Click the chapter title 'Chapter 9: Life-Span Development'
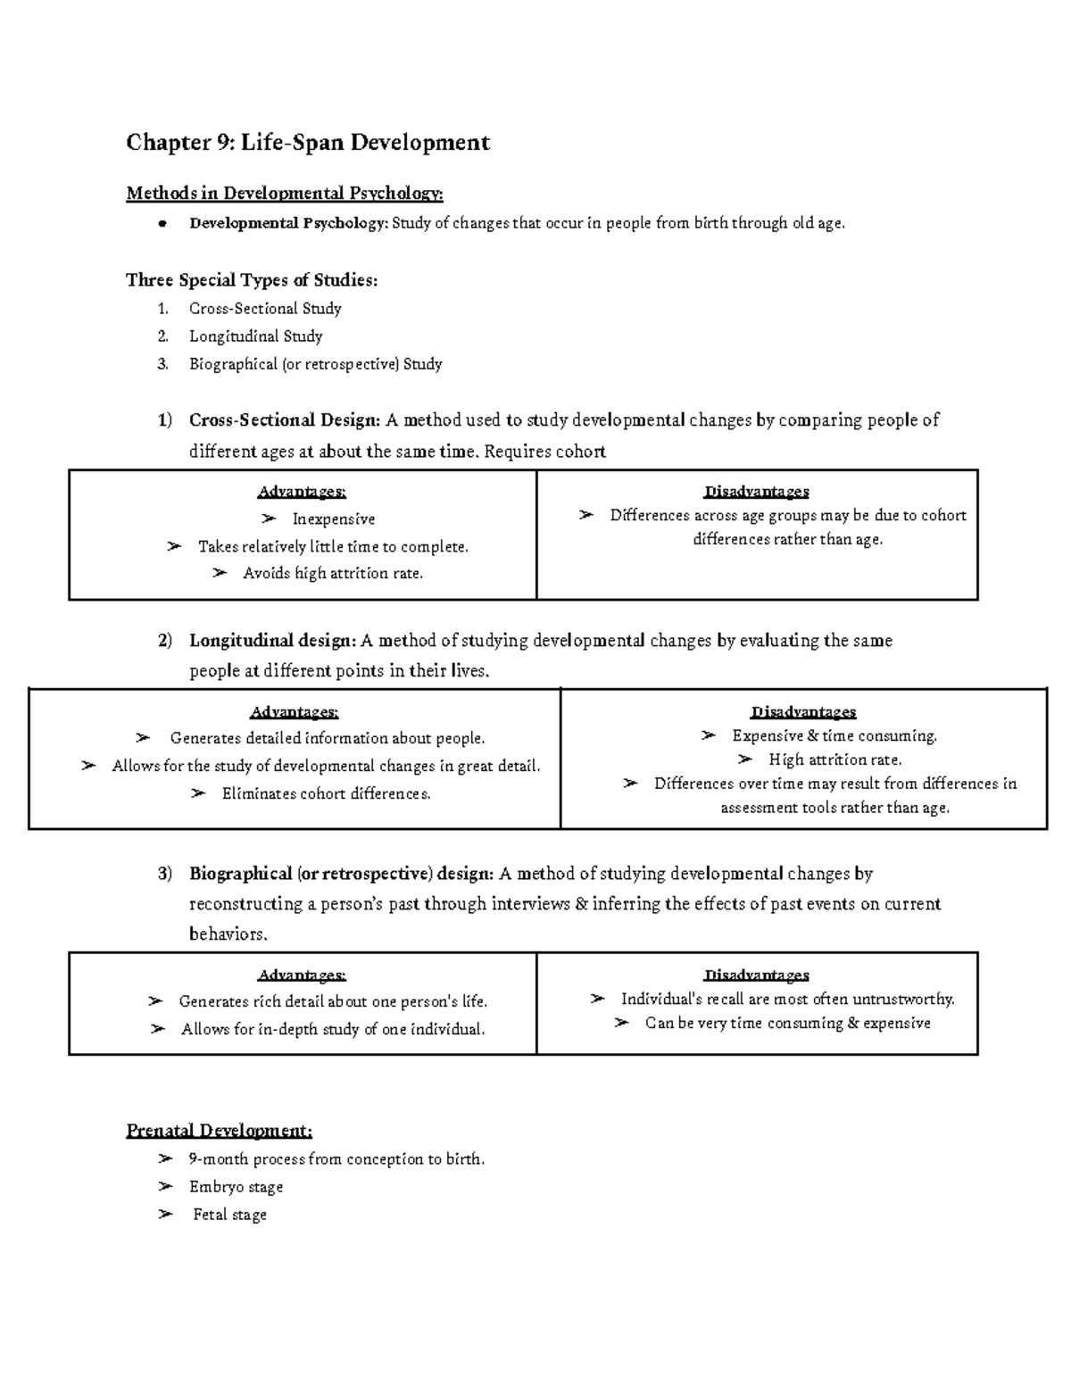pos(308,143)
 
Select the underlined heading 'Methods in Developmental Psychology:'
pos(284,194)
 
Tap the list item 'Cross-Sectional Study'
pos(265,309)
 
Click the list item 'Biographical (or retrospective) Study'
pos(315,364)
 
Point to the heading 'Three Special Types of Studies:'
pos(252,280)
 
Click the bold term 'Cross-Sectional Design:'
pos(285,420)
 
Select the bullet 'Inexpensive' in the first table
pos(333,519)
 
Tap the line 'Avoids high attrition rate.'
pos(332,574)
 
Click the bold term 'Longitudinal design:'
pos(272,641)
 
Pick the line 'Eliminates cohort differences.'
pos(326,794)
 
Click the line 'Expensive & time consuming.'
pos(834,736)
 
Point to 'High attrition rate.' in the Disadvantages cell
pos(834,760)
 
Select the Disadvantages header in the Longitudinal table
pos(803,712)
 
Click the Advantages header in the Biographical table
pos(302,975)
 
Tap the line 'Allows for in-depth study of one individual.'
pos(333,1030)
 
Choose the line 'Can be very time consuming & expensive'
pos(787,1024)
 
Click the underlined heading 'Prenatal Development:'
pos(220,1132)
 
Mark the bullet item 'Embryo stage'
pos(236,1187)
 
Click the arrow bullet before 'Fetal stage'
pos(164,1215)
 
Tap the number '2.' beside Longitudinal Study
pos(162,336)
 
